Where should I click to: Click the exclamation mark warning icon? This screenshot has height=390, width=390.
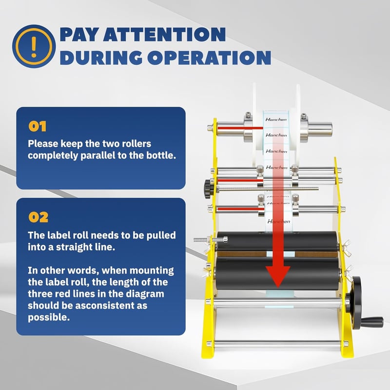(34, 46)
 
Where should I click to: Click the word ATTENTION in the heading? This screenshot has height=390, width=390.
(164, 34)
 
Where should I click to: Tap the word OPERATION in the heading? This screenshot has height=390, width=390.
(209, 58)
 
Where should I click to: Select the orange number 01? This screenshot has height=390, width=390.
(38, 126)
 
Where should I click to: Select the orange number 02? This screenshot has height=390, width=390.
(39, 217)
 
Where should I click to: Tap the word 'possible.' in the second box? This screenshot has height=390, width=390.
(49, 317)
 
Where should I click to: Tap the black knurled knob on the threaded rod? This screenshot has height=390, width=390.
(207, 189)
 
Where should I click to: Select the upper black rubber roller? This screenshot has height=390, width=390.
(276, 241)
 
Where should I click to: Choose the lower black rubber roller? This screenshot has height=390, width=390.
(277, 273)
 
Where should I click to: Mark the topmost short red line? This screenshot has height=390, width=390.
(240, 128)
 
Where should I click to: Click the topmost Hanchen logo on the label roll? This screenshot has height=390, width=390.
(276, 119)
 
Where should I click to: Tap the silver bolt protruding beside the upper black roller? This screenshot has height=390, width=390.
(211, 240)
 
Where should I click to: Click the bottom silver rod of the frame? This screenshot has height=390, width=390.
(276, 344)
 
